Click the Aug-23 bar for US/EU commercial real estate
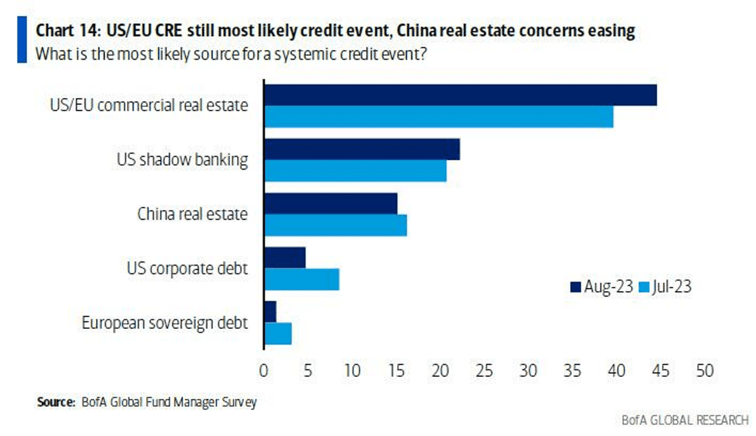tap(460, 95)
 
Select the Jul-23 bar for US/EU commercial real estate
tap(438, 117)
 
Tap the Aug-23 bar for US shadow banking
tap(362, 150)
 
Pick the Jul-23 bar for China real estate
tap(335, 225)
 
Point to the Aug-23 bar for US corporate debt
tap(285, 257)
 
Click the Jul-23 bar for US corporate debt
tap(302, 279)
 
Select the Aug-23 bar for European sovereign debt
tap(271, 312)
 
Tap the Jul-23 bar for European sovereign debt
tap(278, 334)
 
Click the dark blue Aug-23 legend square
tap(575, 287)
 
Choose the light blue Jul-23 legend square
tap(644, 287)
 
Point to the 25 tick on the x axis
tap(484, 371)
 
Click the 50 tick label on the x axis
tap(704, 371)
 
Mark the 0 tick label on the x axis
tap(264, 371)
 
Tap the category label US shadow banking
tap(182, 159)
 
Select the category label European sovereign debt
tap(164, 323)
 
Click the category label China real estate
tap(192, 214)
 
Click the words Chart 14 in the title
tap(67, 30)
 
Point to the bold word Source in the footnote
tap(56, 402)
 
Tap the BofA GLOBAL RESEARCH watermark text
tap(685, 420)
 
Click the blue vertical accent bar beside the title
tap(22, 40)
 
